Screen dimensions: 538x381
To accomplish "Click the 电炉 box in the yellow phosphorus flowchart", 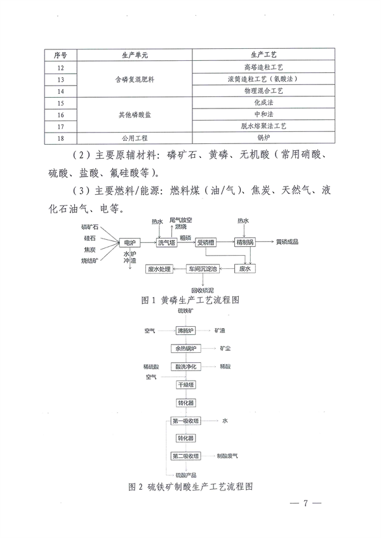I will (130, 242).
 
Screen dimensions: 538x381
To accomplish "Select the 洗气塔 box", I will (168, 242).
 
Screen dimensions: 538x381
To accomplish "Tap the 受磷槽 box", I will (206, 242).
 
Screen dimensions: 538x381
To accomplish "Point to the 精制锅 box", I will (244, 242).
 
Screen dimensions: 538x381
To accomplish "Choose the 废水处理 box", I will (159, 269).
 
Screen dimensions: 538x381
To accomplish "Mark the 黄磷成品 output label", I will (286, 242).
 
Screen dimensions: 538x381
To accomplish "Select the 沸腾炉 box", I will (187, 331).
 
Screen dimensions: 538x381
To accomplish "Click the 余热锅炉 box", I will (187, 349).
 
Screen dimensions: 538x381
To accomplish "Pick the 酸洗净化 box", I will (187, 367).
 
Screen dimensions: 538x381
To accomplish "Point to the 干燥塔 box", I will (187, 384).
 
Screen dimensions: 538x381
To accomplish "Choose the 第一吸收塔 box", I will (186, 421).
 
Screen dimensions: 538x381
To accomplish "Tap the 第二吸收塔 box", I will (186, 456).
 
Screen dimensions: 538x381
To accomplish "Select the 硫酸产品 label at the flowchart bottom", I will (185, 475).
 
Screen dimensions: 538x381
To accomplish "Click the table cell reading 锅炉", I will (260, 137).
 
